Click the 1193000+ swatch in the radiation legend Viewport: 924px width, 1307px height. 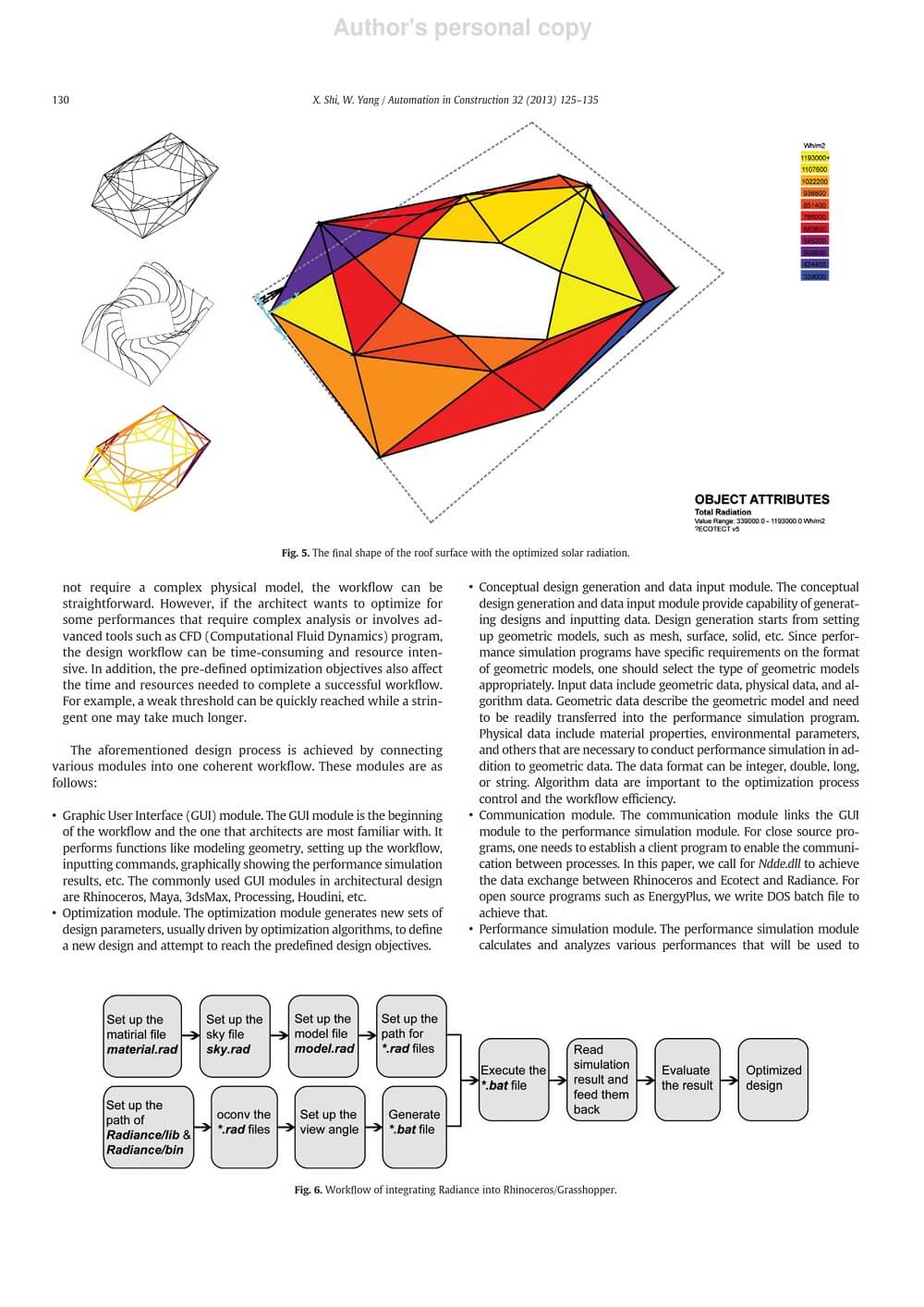coord(814,158)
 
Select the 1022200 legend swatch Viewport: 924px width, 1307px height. coord(814,182)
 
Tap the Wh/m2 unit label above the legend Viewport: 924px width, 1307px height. coord(814,146)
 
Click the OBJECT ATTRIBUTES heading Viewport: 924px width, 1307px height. coord(761,499)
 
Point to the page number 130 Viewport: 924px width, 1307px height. coord(61,100)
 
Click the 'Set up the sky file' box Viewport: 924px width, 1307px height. coord(235,1035)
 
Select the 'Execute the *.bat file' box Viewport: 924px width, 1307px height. coord(514,1079)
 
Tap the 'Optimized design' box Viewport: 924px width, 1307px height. coord(773,1079)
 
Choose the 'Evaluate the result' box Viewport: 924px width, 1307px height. coord(687,1079)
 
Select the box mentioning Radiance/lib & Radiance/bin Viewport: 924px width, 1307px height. coord(148,1127)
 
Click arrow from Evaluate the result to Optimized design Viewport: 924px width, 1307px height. coord(727,1079)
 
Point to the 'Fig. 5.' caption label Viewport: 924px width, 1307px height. coord(295,553)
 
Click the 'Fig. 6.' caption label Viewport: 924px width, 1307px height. coord(308,1190)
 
